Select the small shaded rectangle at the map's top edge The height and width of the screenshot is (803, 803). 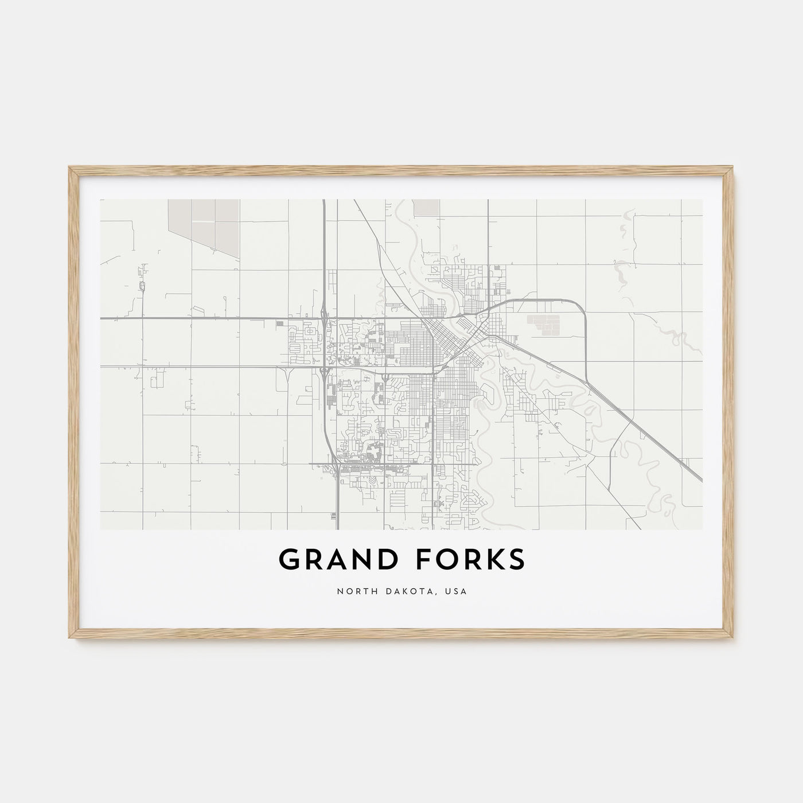426,207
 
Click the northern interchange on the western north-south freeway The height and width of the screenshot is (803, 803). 325,317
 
